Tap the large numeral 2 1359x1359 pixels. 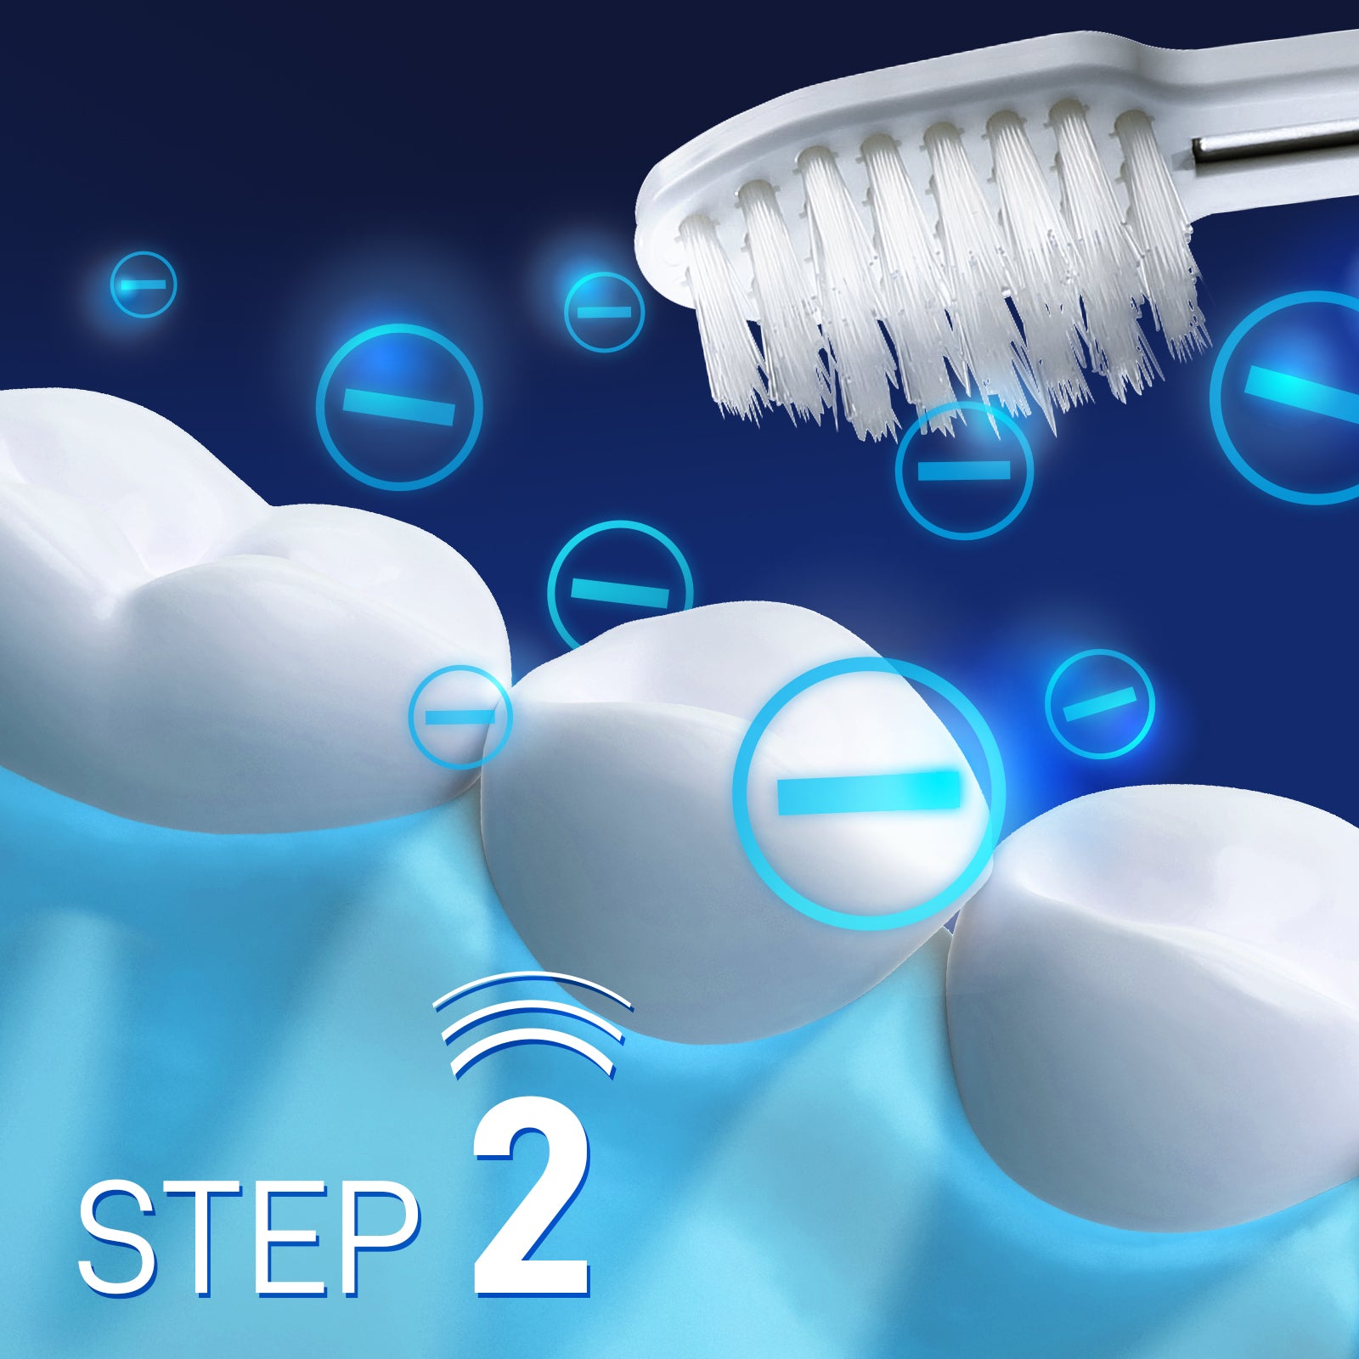tap(532, 1205)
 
